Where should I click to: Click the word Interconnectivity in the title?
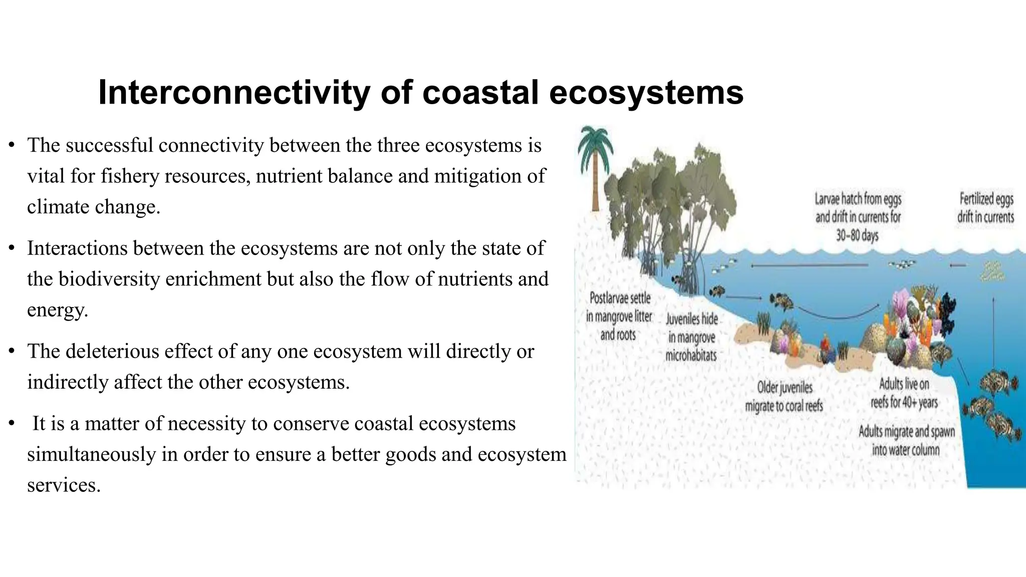(234, 93)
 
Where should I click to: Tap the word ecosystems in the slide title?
(646, 93)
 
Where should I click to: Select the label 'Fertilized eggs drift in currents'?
(986, 208)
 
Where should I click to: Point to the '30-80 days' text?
(857, 235)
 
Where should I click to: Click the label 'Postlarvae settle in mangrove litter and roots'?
(619, 317)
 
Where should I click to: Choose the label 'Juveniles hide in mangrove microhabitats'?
(691, 337)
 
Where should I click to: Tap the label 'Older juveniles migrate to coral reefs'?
(785, 396)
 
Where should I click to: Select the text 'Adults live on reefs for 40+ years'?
(904, 393)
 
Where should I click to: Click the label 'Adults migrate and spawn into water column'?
(906, 440)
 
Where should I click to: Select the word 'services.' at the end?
(64, 485)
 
